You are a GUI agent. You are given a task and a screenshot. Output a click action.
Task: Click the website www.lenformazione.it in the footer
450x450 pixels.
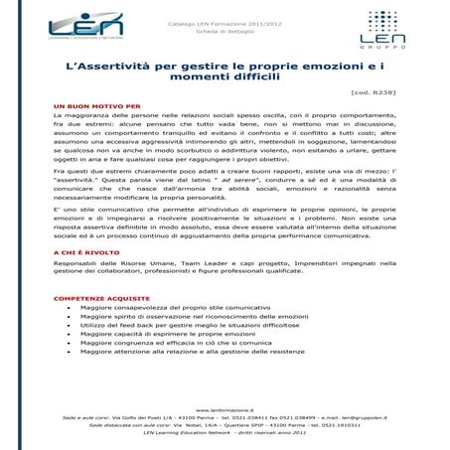coord(225,408)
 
